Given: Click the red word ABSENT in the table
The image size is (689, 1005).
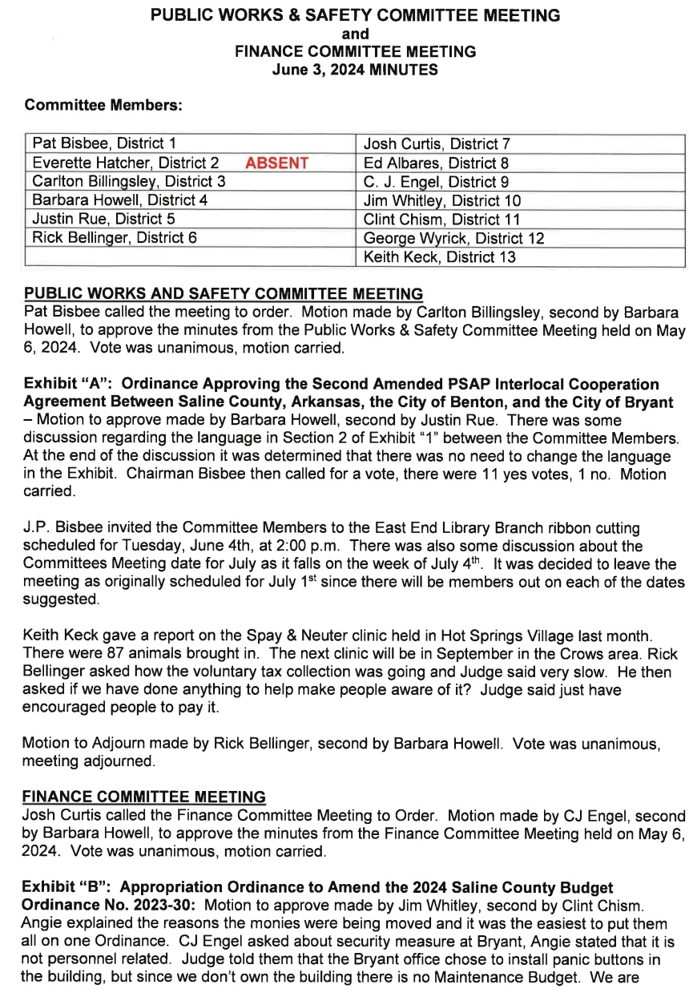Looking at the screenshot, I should click(x=276, y=163).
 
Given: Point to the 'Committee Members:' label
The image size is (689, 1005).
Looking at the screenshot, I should click(x=103, y=105).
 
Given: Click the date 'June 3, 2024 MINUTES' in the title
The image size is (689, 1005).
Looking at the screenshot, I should click(x=355, y=70).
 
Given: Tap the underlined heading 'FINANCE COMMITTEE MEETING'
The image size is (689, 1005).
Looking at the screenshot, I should click(x=145, y=797).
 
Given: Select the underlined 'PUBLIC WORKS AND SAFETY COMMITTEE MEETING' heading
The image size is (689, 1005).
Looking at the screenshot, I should click(x=224, y=294).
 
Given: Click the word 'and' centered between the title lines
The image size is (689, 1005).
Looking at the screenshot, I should click(x=355, y=34).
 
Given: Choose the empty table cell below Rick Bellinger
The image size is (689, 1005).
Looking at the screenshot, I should click(x=189, y=257).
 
